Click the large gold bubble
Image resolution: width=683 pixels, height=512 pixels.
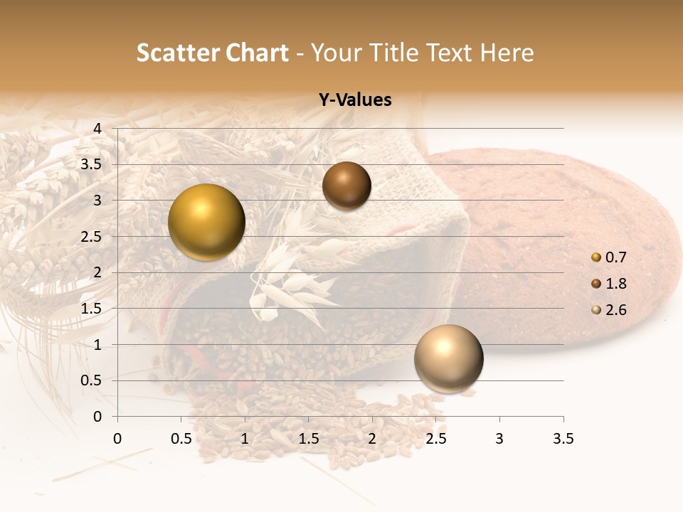tap(207, 222)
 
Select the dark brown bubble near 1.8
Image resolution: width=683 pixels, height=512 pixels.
tap(346, 186)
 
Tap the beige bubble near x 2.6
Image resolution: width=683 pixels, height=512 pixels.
tap(448, 358)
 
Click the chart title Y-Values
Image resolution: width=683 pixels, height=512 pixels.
tap(355, 100)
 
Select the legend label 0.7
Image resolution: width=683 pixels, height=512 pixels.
tap(615, 257)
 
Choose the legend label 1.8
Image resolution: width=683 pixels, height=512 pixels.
tap(615, 284)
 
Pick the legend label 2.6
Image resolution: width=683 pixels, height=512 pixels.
tap(615, 310)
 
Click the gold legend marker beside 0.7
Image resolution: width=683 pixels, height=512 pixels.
tap(596, 257)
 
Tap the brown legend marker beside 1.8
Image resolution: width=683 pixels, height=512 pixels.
tap(596, 284)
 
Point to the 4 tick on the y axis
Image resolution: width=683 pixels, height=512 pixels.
tap(97, 129)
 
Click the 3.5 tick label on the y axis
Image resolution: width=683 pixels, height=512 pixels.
tap(92, 164)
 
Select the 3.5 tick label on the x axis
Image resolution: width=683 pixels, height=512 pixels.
tap(563, 439)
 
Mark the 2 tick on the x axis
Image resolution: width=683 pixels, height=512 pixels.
tap(372, 439)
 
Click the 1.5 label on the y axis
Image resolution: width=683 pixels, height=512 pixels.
tap(92, 309)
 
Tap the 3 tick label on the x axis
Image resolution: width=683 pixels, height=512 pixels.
tap(499, 439)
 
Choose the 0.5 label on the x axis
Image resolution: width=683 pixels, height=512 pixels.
tap(181, 439)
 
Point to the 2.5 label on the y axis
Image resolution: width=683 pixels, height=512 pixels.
tap(92, 237)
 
